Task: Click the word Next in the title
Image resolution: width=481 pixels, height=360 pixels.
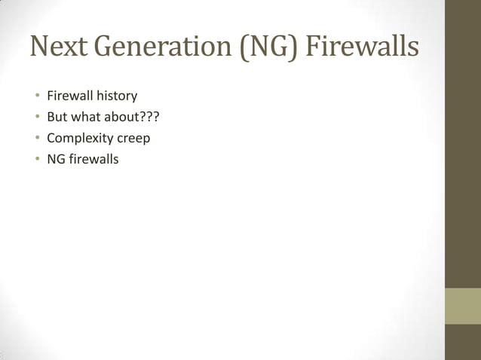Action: click(54, 47)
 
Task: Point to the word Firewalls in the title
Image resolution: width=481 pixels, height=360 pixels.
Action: click(361, 47)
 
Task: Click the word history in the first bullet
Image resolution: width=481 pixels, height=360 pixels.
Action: click(115, 96)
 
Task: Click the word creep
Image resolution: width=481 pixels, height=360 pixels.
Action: click(133, 139)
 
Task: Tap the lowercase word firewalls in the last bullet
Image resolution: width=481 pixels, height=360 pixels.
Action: click(93, 159)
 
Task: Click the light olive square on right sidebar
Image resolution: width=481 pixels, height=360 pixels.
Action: click(462, 307)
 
